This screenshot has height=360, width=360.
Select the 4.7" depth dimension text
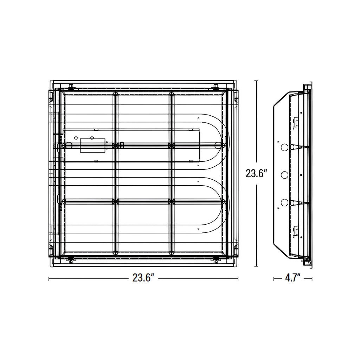(x=292, y=278)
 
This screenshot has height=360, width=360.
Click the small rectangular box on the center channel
(x=92, y=146)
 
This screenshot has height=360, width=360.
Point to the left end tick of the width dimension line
(x=49, y=278)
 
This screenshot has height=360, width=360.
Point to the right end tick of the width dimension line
(x=238, y=278)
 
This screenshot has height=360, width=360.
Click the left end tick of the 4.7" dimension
(x=274, y=278)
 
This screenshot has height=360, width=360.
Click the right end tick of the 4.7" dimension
(x=312, y=278)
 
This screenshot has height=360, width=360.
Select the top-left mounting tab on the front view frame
(x=71, y=86)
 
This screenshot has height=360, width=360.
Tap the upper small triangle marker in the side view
(x=278, y=142)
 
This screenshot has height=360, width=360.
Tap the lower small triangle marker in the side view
(x=278, y=208)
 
